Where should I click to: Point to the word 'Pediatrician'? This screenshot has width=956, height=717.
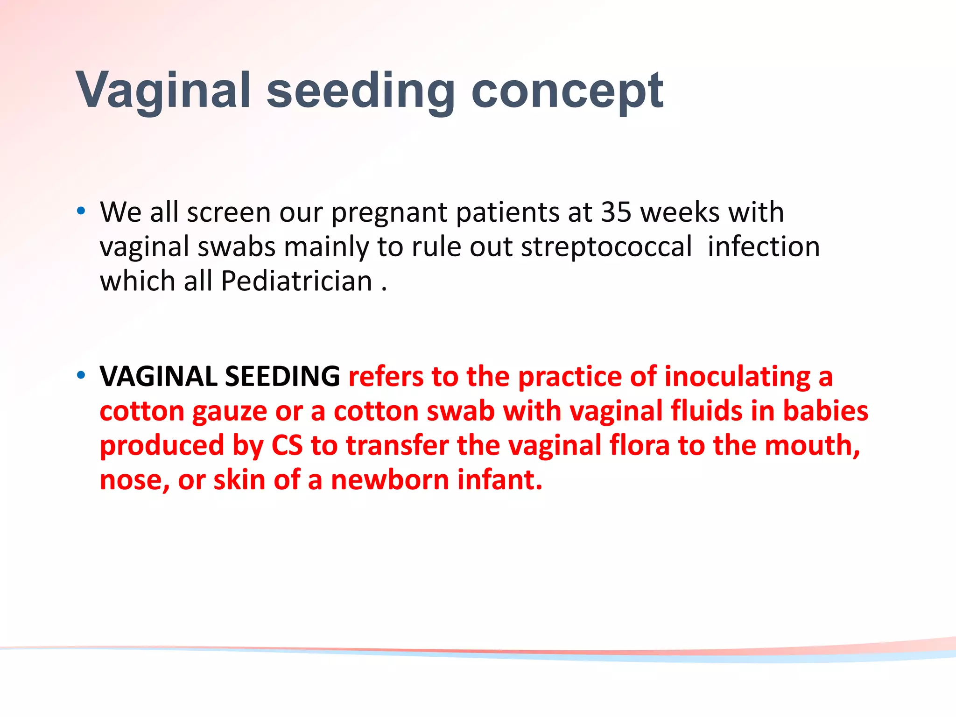coord(296,281)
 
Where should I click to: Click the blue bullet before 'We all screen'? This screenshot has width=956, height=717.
coord(81,211)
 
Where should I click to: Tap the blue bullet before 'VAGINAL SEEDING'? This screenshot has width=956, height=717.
coord(81,375)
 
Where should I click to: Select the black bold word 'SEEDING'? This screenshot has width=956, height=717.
coord(282,376)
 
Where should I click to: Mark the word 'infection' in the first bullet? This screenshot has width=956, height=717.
coord(763,247)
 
